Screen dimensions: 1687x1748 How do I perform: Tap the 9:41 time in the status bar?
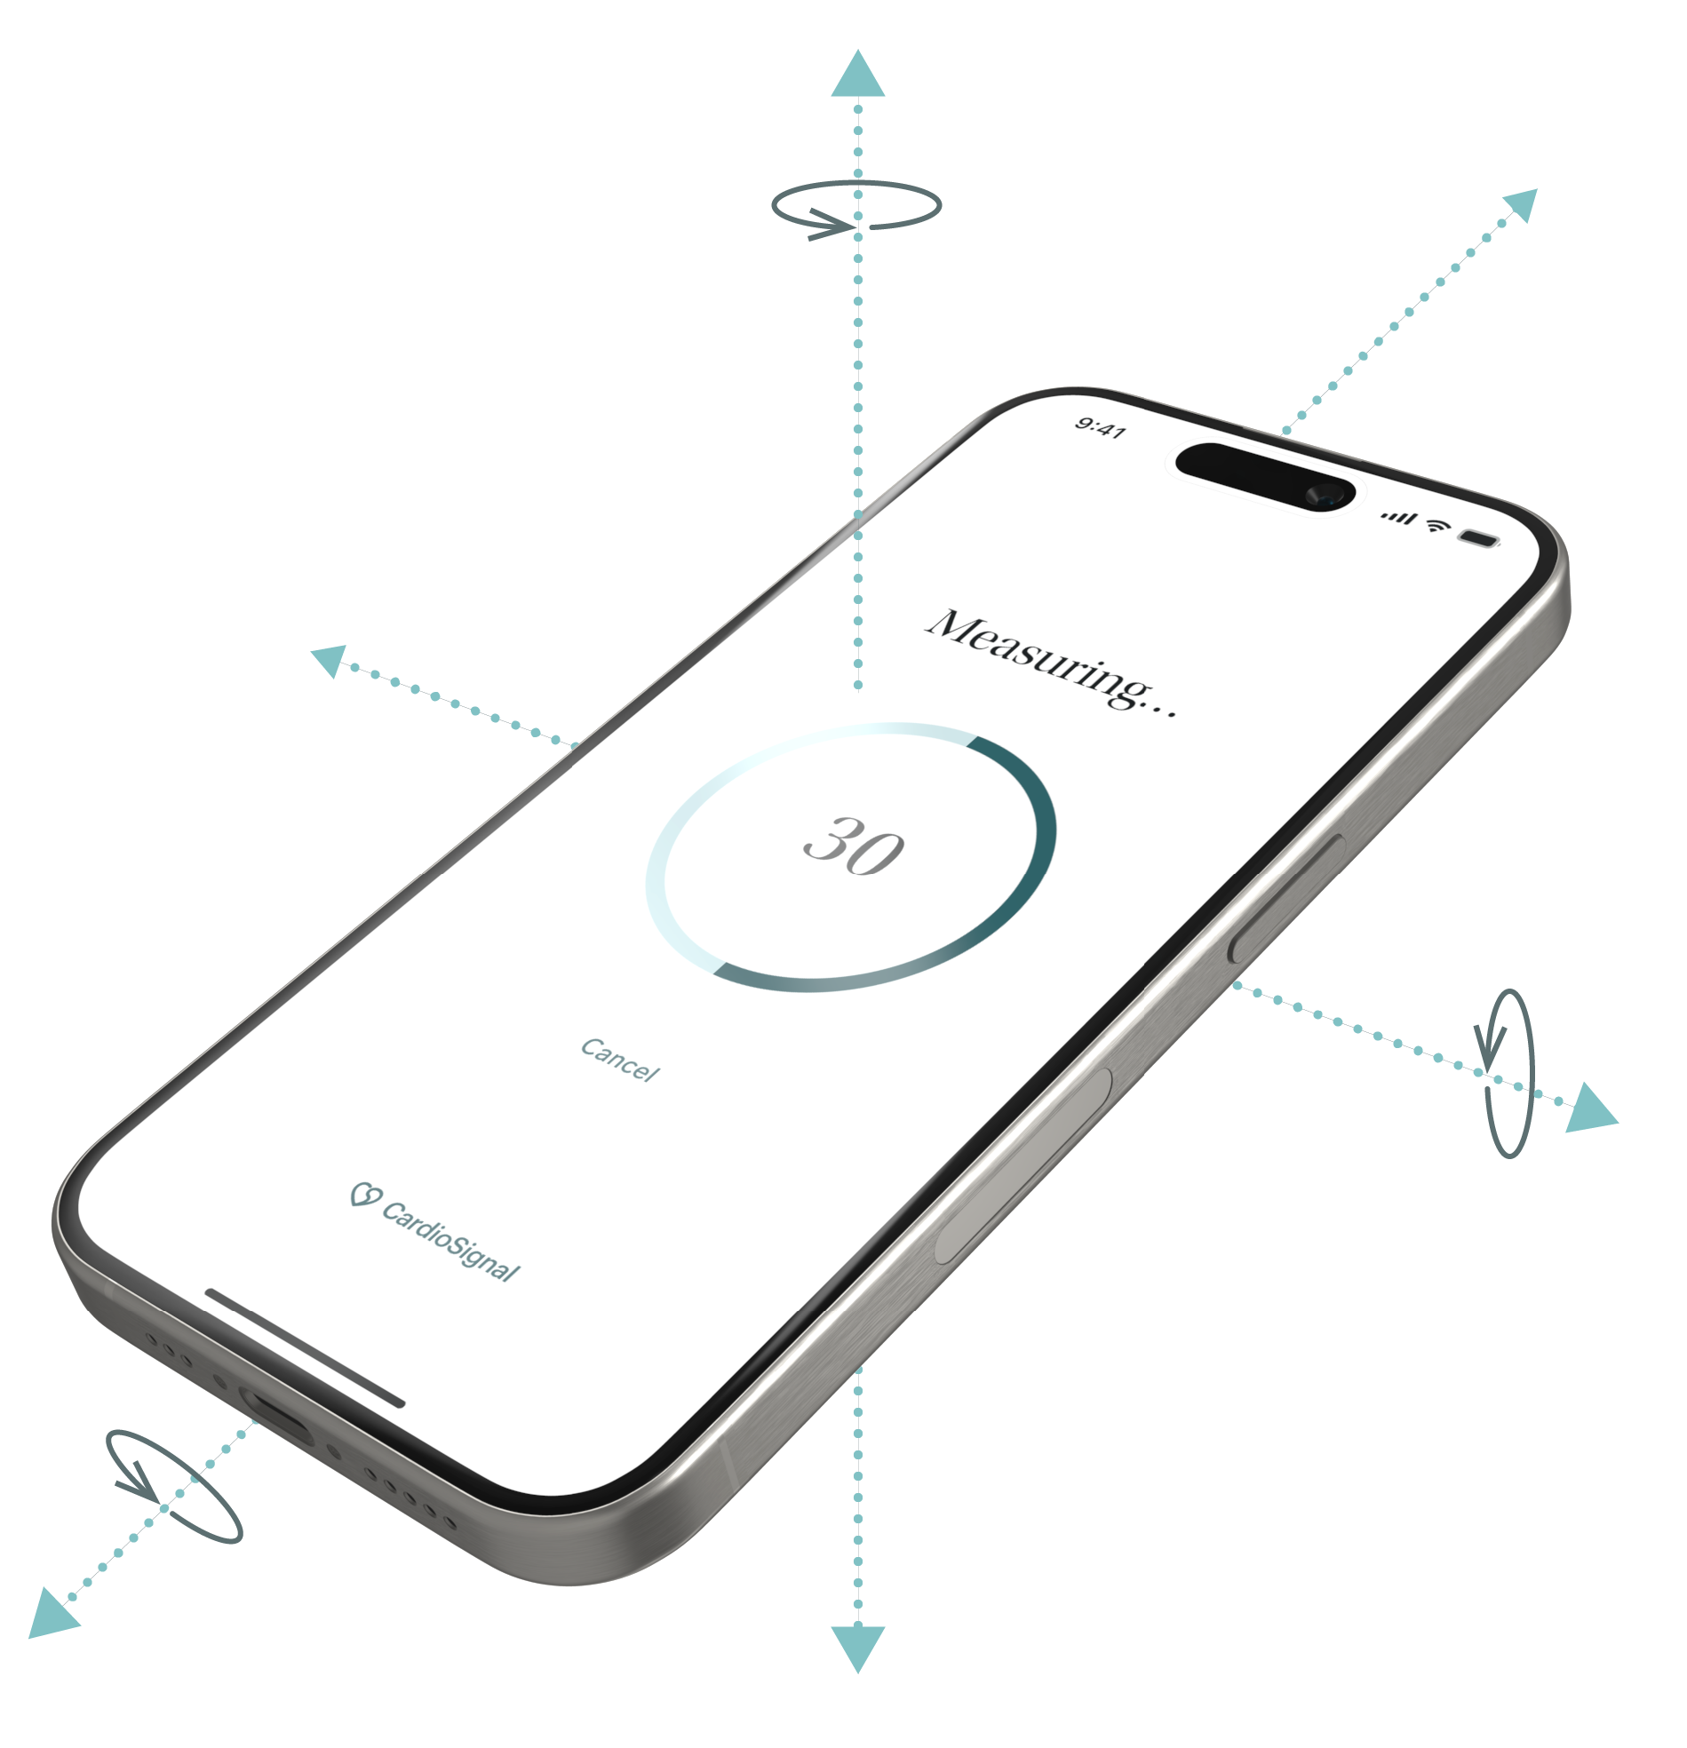[1099, 429]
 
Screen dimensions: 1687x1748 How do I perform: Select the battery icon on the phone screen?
[1478, 537]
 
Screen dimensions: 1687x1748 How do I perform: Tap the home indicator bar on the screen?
[304, 1347]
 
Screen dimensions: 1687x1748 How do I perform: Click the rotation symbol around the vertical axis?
[847, 214]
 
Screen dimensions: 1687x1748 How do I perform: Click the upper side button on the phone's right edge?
[1287, 898]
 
